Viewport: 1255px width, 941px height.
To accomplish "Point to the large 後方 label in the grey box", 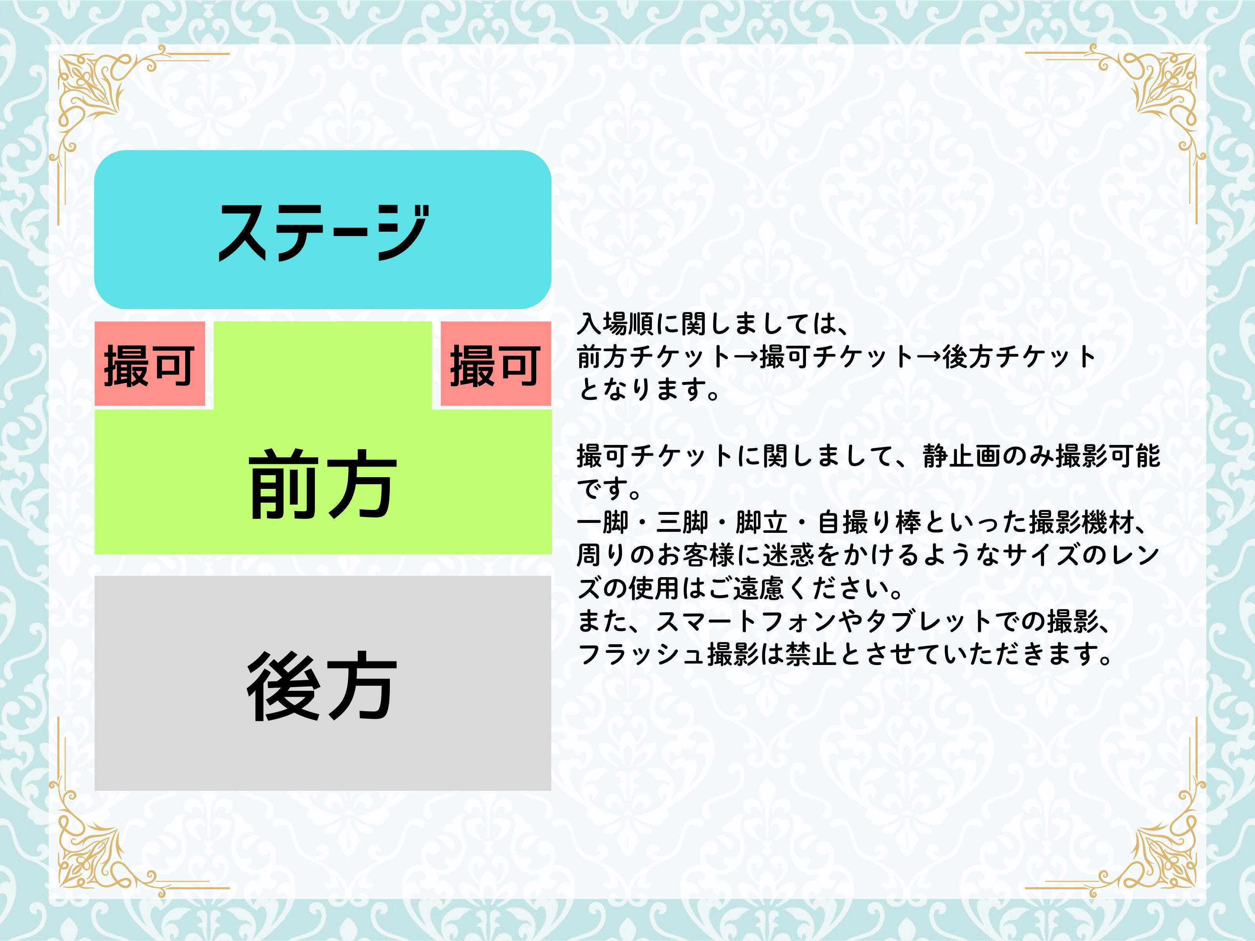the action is (321, 686).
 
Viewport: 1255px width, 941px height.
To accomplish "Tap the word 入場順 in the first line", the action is (616, 324).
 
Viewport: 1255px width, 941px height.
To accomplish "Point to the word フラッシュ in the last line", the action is (642, 654).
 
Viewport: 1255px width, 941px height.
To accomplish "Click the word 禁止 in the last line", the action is (812, 654).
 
